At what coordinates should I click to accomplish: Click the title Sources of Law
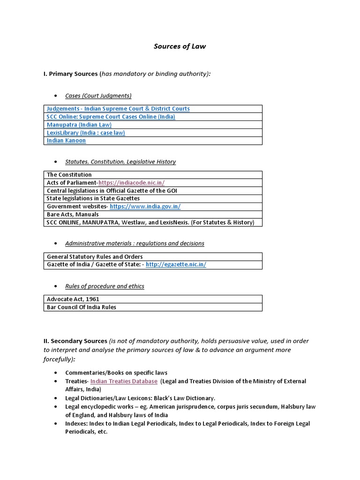(180, 46)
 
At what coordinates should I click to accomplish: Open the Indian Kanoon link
(67, 141)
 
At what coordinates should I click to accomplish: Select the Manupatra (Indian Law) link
(79, 125)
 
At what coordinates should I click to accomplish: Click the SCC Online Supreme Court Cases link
(111, 117)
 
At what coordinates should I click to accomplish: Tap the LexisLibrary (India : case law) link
(86, 133)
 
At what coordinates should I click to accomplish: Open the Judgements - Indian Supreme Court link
(118, 109)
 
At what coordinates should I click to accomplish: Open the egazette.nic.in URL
(176, 264)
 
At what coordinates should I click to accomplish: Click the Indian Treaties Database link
(124, 382)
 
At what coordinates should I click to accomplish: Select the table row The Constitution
(69, 175)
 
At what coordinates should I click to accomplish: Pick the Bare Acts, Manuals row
(73, 214)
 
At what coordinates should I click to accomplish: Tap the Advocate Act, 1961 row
(73, 299)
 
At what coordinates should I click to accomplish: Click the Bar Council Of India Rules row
(82, 307)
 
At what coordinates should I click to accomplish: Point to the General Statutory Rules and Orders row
(95, 257)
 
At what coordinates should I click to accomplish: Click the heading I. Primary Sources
(70, 74)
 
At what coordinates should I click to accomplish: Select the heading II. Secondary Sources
(75, 341)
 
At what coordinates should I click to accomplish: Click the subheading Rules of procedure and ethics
(105, 286)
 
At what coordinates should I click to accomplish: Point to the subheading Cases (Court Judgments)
(98, 96)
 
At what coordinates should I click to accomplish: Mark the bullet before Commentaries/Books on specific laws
(56, 373)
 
